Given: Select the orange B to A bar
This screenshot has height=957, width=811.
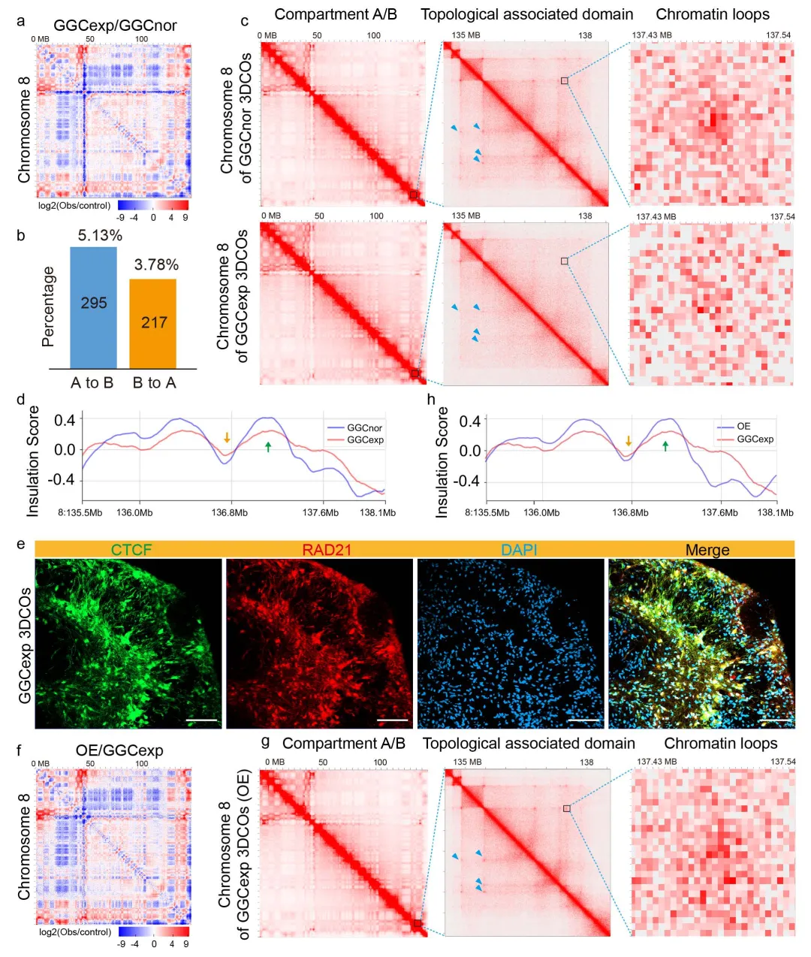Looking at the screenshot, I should (x=153, y=323).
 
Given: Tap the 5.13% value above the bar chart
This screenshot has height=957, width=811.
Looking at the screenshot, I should (x=100, y=235).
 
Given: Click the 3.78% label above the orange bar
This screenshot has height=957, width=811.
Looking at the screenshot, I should (x=156, y=264).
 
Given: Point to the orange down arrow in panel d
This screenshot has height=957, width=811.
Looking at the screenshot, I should (x=228, y=437).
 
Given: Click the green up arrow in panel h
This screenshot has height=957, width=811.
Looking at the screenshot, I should (x=665, y=446).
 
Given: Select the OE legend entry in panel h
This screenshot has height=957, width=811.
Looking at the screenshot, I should (x=743, y=426).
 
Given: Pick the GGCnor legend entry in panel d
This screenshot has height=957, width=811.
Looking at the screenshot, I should (x=364, y=427).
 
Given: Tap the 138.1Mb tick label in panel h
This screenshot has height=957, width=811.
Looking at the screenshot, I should (x=775, y=512).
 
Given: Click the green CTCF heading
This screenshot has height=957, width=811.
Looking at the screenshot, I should (x=131, y=550).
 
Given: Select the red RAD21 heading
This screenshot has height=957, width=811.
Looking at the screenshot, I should (x=327, y=550).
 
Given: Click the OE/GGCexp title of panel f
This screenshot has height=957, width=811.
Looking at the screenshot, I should (x=119, y=750).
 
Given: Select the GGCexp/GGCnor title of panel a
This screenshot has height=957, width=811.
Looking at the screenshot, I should (x=115, y=25).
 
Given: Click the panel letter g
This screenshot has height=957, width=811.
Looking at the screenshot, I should (x=265, y=741).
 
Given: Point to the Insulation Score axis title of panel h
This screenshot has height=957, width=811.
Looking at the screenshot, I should (x=442, y=462).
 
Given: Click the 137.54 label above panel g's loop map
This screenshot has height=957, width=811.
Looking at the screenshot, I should (x=782, y=762).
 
